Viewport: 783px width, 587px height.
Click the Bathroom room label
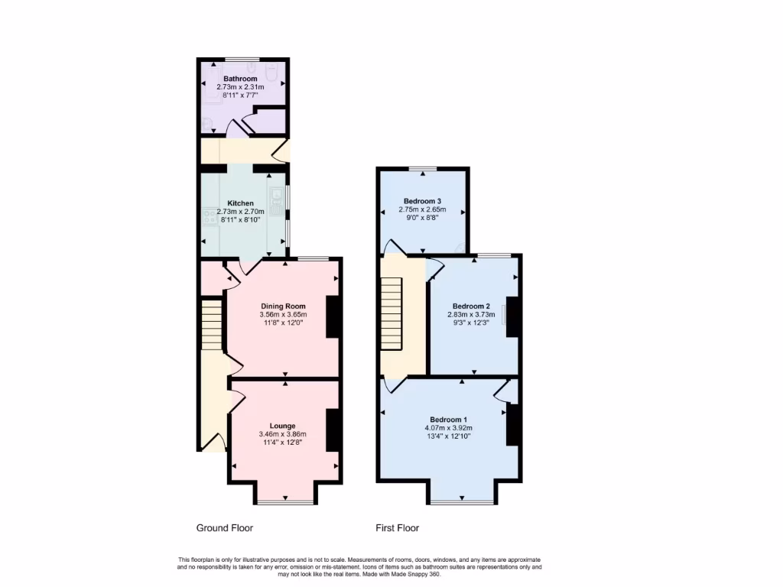240,79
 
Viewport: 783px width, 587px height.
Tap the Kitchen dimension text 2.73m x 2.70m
240,212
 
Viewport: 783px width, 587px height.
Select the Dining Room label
283,306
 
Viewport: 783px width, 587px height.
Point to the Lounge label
282,426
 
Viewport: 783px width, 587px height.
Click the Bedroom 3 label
423,201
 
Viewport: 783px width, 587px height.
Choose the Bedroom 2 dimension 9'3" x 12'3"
474,323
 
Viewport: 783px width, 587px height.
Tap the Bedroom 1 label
448,420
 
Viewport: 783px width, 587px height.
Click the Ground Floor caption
224,528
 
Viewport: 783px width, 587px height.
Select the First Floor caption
397,528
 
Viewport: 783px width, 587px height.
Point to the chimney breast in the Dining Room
334,316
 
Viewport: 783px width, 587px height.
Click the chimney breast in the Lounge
334,430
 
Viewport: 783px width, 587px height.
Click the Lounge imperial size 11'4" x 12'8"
282,443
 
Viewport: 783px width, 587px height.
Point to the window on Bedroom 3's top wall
423,168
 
